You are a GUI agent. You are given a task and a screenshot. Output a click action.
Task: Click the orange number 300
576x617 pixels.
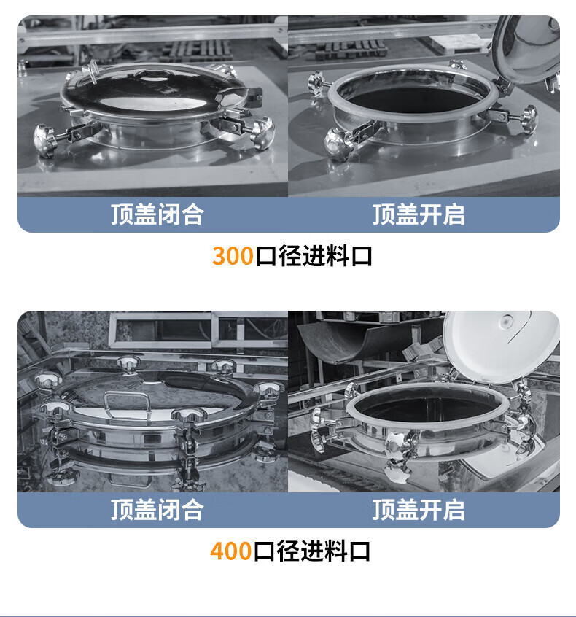pyautogui.click(x=233, y=256)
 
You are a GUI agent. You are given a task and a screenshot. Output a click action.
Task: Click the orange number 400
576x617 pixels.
pyautogui.click(x=230, y=551)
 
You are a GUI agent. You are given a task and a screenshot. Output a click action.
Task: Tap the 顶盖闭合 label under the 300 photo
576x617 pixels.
pyautogui.click(x=157, y=214)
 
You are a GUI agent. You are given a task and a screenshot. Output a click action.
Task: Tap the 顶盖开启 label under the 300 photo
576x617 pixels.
pyautogui.click(x=419, y=214)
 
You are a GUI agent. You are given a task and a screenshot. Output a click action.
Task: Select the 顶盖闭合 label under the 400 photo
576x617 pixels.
pyautogui.click(x=157, y=510)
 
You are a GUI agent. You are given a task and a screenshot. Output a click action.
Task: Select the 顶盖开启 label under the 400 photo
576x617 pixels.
pyautogui.click(x=419, y=510)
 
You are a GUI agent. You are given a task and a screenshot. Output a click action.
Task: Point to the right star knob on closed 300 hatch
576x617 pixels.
pyautogui.click(x=262, y=132)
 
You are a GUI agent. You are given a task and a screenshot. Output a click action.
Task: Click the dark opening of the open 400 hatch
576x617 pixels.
pyautogui.click(x=427, y=410)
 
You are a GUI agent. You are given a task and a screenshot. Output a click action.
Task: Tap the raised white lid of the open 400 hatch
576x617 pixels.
pyautogui.click(x=502, y=346)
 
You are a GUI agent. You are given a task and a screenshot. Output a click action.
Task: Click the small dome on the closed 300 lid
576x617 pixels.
pyautogui.click(x=152, y=75)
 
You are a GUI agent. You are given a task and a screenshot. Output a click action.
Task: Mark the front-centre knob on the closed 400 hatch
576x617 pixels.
pyautogui.click(x=189, y=416)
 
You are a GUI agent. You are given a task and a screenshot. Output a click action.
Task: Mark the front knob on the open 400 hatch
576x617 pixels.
pyautogui.click(x=398, y=457)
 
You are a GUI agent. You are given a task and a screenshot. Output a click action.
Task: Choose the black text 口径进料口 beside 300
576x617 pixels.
pyautogui.click(x=314, y=256)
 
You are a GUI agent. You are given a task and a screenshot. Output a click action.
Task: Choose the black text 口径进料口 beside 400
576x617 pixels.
pyautogui.click(x=311, y=551)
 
